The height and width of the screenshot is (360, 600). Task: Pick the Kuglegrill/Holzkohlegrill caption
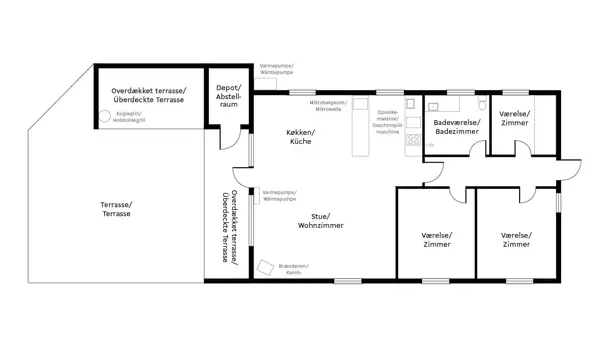click(x=130, y=117)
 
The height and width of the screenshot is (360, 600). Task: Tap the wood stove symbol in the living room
click(x=266, y=266)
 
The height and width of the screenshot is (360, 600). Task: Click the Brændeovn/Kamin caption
click(x=294, y=269)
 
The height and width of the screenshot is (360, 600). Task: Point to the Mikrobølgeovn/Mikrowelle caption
click(x=328, y=106)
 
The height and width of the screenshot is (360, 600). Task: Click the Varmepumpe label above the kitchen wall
click(x=277, y=68)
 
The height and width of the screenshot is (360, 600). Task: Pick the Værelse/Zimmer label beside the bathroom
click(x=514, y=118)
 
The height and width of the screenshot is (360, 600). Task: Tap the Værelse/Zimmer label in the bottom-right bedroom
click(x=516, y=240)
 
